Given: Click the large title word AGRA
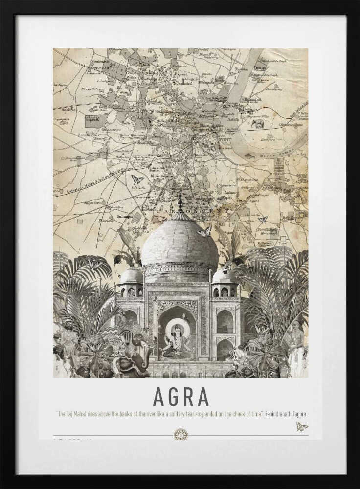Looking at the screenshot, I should [x=180, y=397].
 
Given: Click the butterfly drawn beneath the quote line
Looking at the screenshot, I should [x=301, y=427].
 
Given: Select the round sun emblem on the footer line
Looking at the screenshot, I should [x=180, y=434].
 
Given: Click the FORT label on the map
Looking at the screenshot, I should [x=225, y=140].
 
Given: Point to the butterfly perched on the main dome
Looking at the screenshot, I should [x=205, y=231].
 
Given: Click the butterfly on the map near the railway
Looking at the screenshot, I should [x=137, y=179].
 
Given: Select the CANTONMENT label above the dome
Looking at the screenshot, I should [x=196, y=211].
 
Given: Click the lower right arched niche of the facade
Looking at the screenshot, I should [x=225, y=350].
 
